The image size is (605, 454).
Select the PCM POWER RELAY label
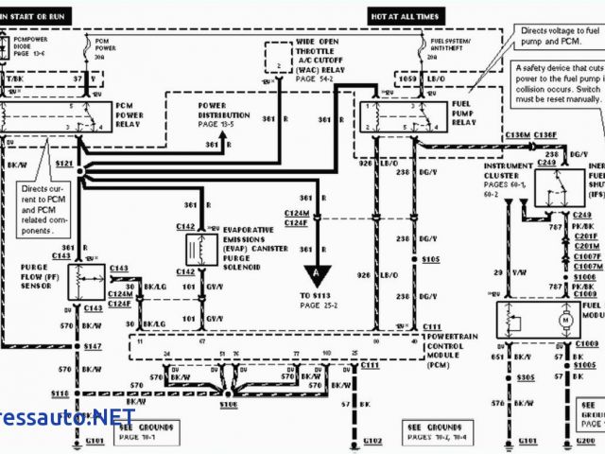click(130, 113)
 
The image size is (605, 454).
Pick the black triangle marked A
click(317, 272)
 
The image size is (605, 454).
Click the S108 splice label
click(229, 405)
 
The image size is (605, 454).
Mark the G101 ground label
click(69, 440)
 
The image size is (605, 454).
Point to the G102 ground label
click(372, 440)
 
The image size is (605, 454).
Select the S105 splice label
click(431, 258)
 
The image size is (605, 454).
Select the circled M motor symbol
click(567, 320)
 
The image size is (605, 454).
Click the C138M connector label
click(517, 135)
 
